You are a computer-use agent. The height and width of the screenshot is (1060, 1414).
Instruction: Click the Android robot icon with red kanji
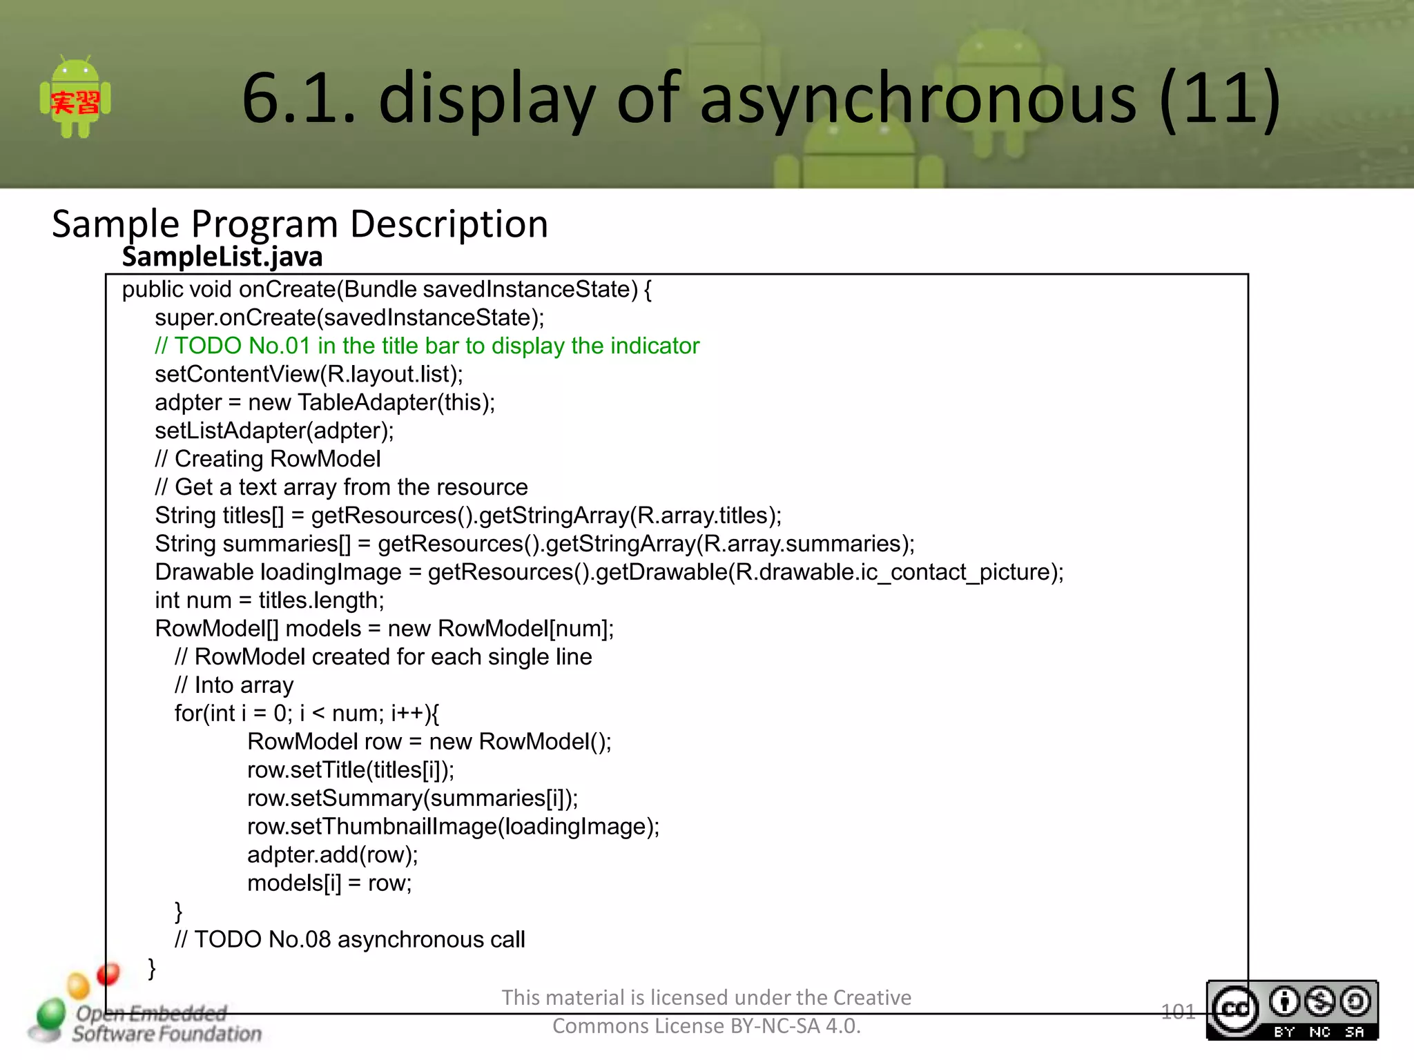click(x=75, y=99)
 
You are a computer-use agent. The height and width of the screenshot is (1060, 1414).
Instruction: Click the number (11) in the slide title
click(x=1219, y=99)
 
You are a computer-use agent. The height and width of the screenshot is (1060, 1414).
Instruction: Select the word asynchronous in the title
click(x=918, y=99)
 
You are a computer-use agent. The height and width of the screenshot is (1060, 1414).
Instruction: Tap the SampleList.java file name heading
click(x=222, y=257)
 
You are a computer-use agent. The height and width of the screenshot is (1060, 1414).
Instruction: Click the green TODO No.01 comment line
click(x=427, y=346)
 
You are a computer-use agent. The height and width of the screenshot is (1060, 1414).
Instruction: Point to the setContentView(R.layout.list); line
click(x=309, y=374)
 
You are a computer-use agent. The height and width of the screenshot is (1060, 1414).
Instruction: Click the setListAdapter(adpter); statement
click(x=274, y=431)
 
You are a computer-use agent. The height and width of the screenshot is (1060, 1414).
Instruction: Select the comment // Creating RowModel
click(x=268, y=459)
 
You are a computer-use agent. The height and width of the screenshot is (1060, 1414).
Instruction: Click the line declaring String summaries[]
click(x=534, y=544)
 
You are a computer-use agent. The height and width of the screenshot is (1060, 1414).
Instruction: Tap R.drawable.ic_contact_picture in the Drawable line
click(x=896, y=572)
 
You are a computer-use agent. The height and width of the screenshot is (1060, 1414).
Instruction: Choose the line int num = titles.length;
click(x=269, y=600)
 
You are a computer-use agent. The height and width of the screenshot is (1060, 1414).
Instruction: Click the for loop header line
click(x=307, y=713)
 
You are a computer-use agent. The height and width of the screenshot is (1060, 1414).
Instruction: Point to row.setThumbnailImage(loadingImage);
click(x=453, y=826)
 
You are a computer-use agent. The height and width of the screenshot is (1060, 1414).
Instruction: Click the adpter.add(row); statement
click(x=332, y=854)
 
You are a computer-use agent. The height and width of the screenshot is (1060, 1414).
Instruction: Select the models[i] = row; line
click(x=329, y=883)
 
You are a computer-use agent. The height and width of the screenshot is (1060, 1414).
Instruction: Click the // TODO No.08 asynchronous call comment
click(x=349, y=939)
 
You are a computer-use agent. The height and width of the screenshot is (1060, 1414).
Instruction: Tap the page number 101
click(x=1178, y=1012)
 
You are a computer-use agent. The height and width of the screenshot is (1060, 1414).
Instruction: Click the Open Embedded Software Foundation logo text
click(x=166, y=1024)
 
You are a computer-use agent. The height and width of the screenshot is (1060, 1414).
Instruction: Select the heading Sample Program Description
click(x=300, y=224)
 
